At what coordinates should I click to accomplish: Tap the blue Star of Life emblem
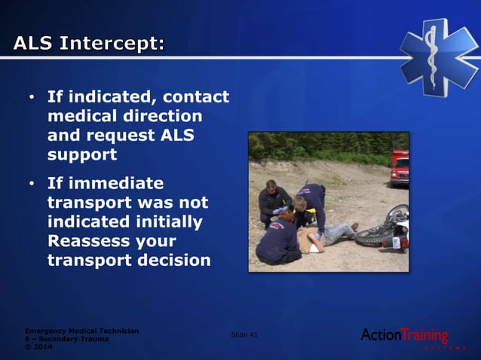[x=439, y=56]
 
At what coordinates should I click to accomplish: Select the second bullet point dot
[x=31, y=184]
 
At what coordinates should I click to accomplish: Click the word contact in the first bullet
[x=195, y=97]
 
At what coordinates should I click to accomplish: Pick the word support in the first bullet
[x=81, y=155]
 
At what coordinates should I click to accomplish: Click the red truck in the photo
[x=400, y=168]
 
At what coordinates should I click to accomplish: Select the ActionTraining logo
[x=405, y=336]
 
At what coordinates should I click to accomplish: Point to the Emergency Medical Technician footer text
[x=81, y=331]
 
